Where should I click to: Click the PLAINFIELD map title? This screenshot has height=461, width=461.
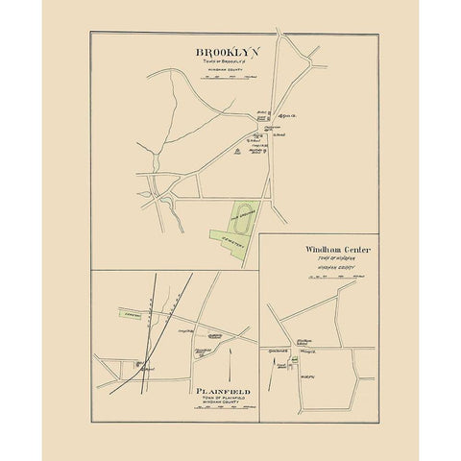[225, 392]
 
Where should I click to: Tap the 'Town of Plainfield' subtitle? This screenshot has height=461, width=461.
[225, 400]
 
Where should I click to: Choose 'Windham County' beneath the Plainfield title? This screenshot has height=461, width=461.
[225, 405]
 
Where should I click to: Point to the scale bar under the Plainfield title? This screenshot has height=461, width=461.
[225, 413]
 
